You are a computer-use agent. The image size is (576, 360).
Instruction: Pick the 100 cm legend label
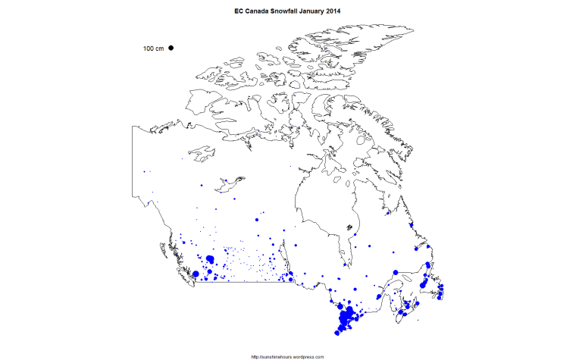click(153, 49)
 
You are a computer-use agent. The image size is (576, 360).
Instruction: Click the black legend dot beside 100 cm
click(171, 48)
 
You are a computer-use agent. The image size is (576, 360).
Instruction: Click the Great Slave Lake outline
click(230, 182)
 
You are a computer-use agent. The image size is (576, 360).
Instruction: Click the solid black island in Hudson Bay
click(349, 227)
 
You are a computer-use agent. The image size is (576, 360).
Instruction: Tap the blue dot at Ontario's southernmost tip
click(337, 332)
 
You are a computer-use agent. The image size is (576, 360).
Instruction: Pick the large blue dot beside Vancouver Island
click(196, 274)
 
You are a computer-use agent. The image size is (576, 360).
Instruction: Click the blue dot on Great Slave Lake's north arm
click(225, 180)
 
